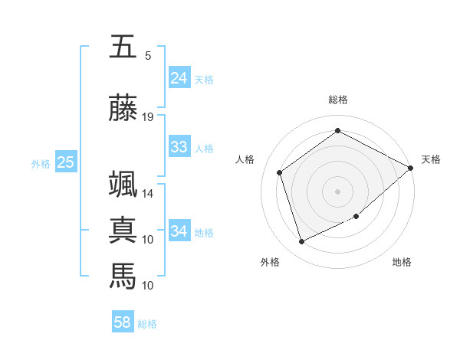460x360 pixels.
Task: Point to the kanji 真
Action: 123,230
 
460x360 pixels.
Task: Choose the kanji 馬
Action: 123,274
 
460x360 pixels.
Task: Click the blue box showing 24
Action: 179,78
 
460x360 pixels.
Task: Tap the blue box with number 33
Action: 179,147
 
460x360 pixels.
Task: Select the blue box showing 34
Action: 179,231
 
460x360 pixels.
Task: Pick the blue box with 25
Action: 66,162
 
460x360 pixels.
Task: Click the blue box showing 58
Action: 123,322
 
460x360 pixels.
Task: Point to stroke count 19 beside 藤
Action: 148,117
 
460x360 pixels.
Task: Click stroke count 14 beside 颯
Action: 148,194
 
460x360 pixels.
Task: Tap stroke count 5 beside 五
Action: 148,56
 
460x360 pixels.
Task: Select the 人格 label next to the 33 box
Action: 204,148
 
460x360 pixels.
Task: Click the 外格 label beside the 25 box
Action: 41,163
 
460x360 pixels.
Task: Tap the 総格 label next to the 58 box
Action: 147,324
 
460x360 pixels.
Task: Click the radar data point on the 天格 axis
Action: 411,169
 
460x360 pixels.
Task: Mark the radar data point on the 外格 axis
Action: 301,242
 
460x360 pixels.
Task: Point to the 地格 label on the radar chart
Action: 402,263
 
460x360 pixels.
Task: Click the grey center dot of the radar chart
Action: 337,191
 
